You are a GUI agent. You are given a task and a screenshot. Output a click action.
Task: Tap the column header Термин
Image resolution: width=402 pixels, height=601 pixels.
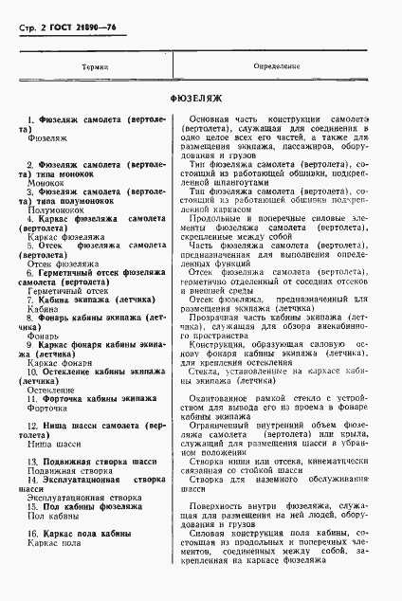point(94,67)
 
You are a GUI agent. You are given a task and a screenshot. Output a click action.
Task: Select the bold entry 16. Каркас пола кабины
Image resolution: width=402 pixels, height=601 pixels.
point(86,535)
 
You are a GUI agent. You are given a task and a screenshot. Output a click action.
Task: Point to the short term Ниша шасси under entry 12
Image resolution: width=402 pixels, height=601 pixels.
point(55,442)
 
